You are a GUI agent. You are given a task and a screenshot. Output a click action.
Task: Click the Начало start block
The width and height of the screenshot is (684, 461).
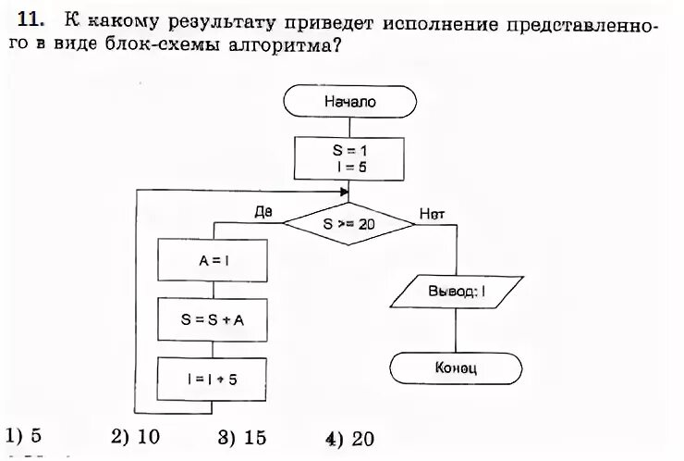coord(348,102)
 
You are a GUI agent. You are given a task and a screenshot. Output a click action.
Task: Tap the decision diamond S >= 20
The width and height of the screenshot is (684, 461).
coord(348,223)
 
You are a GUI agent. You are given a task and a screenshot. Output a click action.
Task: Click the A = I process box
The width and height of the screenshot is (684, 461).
coord(214,260)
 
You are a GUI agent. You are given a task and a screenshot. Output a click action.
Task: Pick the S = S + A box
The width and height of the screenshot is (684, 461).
coord(214,320)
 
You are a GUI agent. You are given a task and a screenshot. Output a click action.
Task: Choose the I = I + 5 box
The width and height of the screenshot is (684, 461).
coord(214,379)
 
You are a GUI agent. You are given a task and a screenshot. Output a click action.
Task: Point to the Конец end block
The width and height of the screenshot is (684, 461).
coord(456,368)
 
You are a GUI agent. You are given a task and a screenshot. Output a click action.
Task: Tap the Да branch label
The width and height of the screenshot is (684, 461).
coord(263,212)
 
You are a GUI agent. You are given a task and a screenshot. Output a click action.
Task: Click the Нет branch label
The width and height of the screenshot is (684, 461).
coord(432,213)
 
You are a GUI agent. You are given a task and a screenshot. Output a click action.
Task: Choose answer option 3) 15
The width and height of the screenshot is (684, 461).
coord(242,437)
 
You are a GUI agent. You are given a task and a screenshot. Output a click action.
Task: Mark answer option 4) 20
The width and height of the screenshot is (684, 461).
coord(349,439)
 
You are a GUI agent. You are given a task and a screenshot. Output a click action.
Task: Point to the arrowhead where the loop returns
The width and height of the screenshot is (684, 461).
coord(344,191)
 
